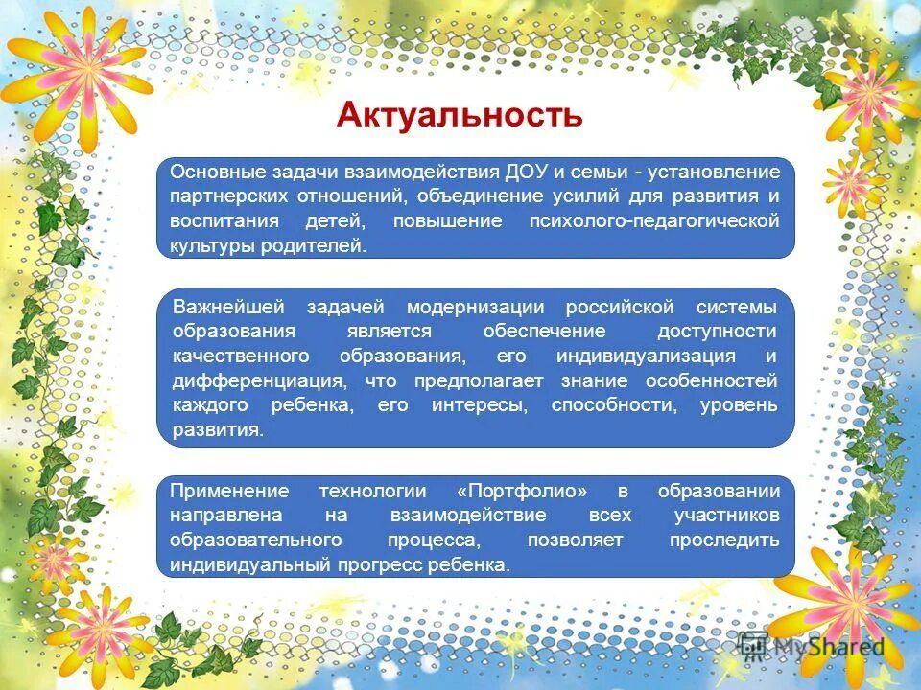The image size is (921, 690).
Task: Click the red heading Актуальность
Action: coord(460,115)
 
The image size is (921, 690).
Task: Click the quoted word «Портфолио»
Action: coord(523,491)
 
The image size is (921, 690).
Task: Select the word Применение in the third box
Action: coord(229,491)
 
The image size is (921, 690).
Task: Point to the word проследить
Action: coord(724,540)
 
